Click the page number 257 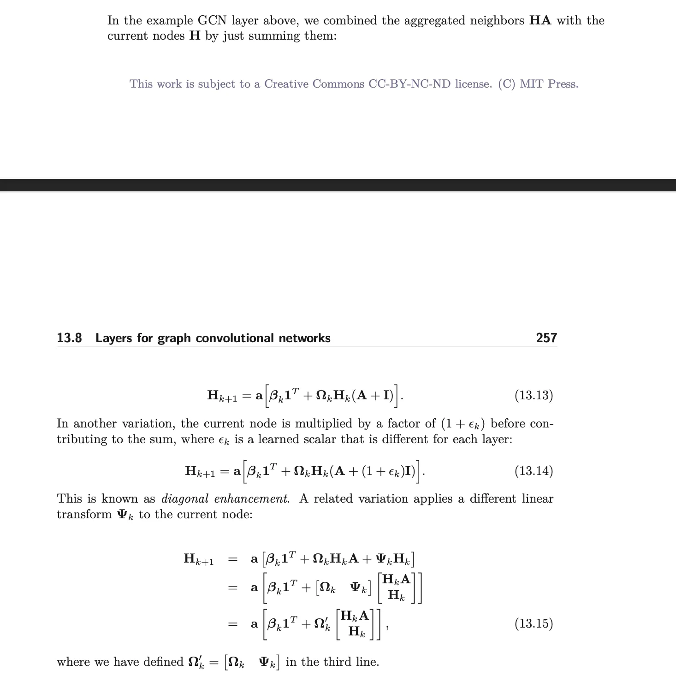point(546,338)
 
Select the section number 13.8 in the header point(69,338)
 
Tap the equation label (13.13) point(534,395)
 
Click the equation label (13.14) point(534,471)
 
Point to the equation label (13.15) point(534,623)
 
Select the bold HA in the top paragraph point(540,21)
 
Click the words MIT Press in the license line point(549,84)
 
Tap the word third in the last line point(335,662)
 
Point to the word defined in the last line point(163,662)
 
